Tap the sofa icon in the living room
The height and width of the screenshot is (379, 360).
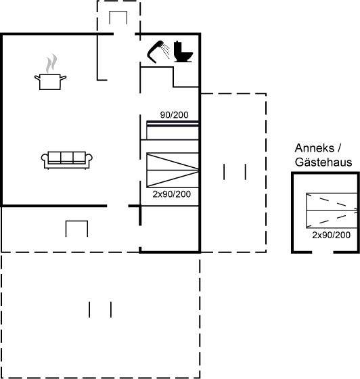point(67,160)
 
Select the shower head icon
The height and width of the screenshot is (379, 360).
point(158,51)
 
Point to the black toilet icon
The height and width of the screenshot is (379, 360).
point(183,51)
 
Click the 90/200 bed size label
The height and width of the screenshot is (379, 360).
point(174,115)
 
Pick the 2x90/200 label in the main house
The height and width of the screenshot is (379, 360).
point(172,194)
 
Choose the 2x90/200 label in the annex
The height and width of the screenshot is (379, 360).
point(332,235)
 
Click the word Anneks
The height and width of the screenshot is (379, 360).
point(314,148)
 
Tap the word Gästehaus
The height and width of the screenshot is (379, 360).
point(323,162)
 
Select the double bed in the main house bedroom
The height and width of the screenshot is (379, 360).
point(173,170)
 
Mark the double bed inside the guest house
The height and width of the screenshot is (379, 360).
point(332,210)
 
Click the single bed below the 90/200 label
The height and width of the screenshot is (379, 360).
point(173,130)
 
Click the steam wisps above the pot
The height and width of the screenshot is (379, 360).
point(51,64)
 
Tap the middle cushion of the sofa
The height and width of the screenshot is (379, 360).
point(67,157)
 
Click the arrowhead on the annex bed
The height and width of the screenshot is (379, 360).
point(356,210)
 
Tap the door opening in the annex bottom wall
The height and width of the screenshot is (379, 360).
point(323,252)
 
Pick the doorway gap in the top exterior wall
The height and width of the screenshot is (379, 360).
point(125,34)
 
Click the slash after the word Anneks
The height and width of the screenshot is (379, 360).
point(339,148)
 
